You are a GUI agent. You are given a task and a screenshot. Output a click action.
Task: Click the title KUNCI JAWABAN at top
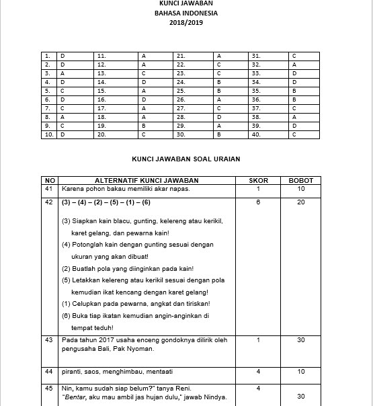click(186, 3)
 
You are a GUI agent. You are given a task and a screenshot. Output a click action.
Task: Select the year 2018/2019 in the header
click(186, 22)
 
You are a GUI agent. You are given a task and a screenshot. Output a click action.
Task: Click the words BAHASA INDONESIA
click(186, 13)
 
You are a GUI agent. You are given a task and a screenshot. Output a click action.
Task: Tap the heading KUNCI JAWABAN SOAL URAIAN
click(185, 159)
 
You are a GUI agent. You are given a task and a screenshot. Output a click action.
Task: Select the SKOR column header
click(259, 181)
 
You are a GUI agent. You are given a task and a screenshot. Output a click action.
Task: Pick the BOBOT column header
click(300, 181)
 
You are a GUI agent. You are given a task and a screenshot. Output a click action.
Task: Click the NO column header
click(49, 181)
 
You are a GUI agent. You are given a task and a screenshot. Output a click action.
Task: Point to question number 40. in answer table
click(256, 134)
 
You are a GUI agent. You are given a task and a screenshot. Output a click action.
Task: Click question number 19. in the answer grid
click(101, 125)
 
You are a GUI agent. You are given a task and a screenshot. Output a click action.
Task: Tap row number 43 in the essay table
click(48, 340)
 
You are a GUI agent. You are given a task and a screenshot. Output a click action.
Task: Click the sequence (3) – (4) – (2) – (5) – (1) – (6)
click(106, 202)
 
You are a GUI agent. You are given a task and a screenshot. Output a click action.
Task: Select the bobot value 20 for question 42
click(300, 202)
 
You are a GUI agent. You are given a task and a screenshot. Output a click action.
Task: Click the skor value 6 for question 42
click(259, 202)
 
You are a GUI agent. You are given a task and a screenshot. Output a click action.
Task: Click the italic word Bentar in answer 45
click(75, 397)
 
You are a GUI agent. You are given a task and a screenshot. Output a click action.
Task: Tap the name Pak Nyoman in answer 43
click(137, 349)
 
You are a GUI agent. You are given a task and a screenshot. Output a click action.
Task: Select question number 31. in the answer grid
click(255, 55)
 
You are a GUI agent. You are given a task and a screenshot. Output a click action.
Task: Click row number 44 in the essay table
click(48, 371)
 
